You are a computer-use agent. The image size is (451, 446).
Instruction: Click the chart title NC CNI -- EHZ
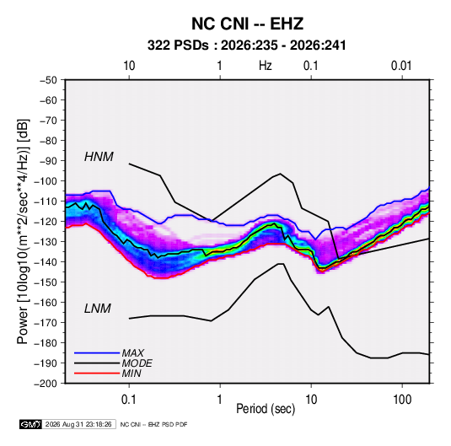tap(247, 24)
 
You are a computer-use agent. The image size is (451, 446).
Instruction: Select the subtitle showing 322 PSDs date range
tap(246, 46)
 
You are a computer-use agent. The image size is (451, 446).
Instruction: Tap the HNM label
tap(99, 157)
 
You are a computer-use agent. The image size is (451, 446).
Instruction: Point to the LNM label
tap(98, 309)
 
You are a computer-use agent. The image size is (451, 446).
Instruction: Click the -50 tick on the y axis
tap(49, 80)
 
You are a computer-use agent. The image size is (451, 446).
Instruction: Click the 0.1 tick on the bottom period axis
tap(129, 400)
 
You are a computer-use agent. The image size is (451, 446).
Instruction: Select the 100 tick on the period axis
tap(402, 400)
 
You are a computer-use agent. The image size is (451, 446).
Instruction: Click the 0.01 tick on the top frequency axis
tap(401, 66)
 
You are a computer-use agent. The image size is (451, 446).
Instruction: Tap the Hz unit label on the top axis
tap(266, 66)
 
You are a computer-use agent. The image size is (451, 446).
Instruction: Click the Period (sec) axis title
tap(266, 409)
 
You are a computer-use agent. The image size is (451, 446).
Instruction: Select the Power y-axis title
tap(23, 231)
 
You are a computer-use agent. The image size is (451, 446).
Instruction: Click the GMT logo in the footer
tap(31, 424)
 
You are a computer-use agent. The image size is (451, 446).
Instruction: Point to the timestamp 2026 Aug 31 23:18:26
tap(78, 424)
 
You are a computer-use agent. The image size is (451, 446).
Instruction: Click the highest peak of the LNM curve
tap(281, 264)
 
